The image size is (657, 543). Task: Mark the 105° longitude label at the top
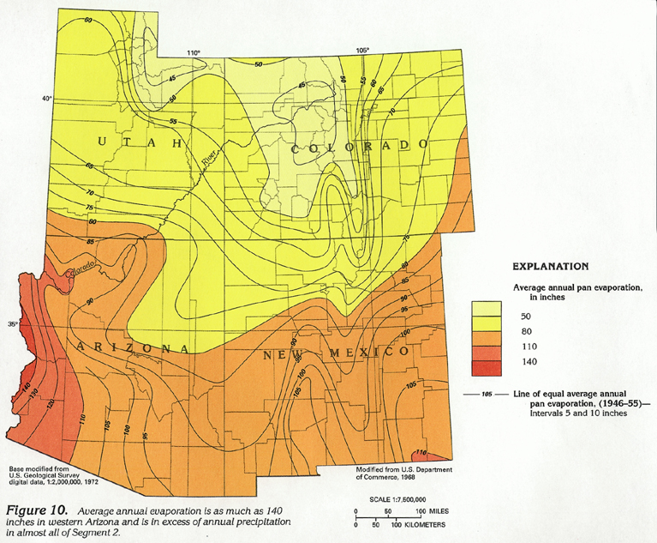(363, 50)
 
